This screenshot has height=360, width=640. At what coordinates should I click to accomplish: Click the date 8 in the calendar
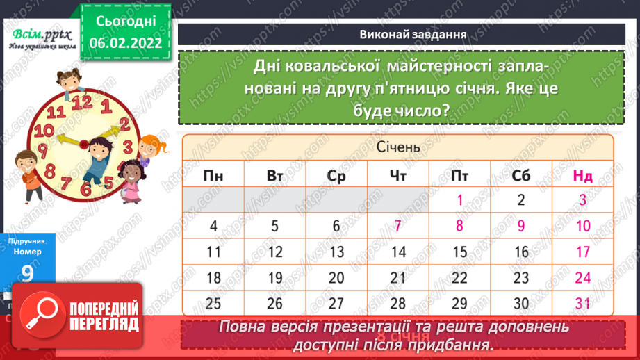460,225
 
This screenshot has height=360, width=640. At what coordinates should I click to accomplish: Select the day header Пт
460,176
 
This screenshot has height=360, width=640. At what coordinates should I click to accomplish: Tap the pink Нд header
582,176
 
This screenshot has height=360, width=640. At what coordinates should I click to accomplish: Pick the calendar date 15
460,252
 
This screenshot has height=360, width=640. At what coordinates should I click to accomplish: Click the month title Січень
398,147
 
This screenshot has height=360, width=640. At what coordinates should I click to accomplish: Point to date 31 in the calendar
582,303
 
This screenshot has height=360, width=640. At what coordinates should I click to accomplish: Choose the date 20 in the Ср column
336,277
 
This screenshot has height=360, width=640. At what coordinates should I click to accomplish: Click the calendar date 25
214,303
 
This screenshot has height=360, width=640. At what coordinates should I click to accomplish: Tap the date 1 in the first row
460,200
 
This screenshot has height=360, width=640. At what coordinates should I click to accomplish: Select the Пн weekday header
214,176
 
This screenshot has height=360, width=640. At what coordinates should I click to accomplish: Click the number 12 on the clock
82,102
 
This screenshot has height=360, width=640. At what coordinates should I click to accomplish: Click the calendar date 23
521,277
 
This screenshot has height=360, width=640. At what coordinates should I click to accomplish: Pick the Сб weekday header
521,176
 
